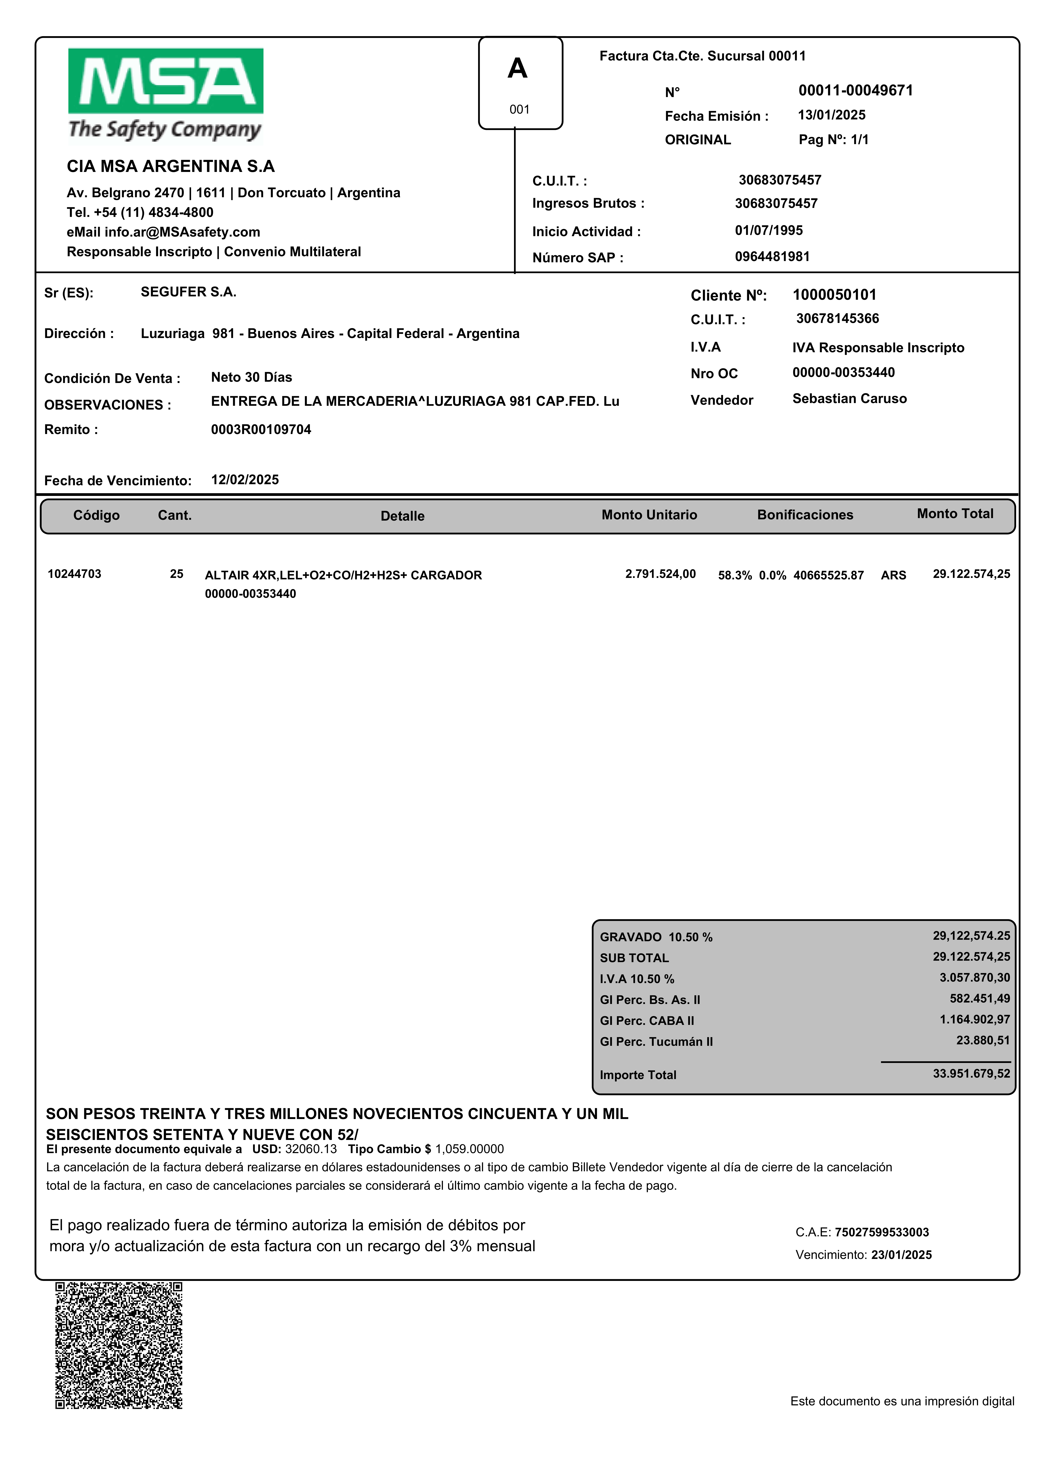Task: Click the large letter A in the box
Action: pyautogui.click(x=517, y=68)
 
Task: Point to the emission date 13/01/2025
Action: pyautogui.click(x=831, y=115)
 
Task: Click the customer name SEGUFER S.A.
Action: pyautogui.click(x=188, y=292)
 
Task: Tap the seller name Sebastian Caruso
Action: pyautogui.click(x=849, y=398)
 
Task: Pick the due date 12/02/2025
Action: pyautogui.click(x=245, y=480)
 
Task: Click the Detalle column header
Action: pyautogui.click(x=402, y=516)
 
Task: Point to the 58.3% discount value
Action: pyautogui.click(x=734, y=575)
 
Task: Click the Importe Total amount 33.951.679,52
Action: pyautogui.click(x=971, y=1073)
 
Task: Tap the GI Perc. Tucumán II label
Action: pyautogui.click(x=656, y=1041)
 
